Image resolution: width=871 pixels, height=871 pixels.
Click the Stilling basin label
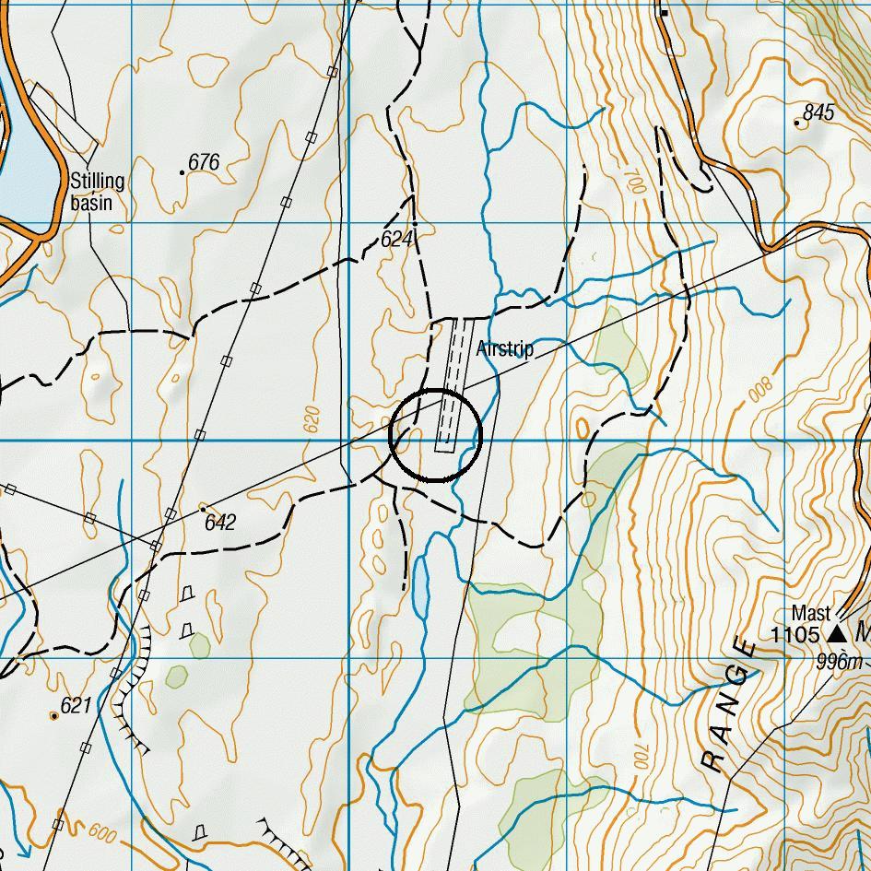click(97, 191)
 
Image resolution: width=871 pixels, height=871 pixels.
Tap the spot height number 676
click(204, 163)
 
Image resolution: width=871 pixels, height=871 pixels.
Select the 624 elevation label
click(397, 240)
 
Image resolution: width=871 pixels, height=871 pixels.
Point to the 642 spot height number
click(220, 523)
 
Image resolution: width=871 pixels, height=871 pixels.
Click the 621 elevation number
click(77, 706)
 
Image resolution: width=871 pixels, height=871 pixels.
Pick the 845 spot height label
click(818, 112)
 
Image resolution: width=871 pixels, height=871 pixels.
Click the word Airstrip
click(505, 350)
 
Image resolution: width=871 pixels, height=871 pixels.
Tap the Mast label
click(811, 613)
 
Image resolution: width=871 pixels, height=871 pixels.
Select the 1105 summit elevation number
click(795, 634)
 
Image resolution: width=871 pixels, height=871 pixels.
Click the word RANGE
click(728, 704)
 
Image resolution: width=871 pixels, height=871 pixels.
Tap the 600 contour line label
click(104, 832)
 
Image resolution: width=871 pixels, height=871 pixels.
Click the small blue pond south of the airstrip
click(420, 587)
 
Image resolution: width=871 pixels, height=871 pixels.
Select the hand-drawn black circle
click(435, 435)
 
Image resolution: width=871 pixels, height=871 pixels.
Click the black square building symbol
click(664, 13)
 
